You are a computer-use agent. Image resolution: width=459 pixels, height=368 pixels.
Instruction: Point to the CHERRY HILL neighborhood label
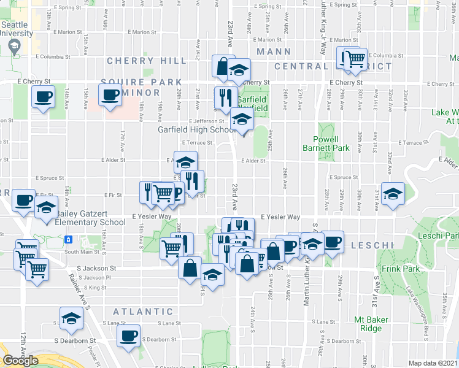[147, 61]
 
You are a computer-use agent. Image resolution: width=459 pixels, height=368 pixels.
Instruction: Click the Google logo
[20, 361]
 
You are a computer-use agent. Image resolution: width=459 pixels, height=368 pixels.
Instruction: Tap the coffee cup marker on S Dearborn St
[129, 336]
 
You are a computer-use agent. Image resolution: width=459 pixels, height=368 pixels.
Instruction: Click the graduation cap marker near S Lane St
[72, 318]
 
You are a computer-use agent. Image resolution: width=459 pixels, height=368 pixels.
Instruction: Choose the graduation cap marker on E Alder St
[185, 162]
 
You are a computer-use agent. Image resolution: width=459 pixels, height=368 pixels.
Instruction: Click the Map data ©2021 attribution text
[433, 363]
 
